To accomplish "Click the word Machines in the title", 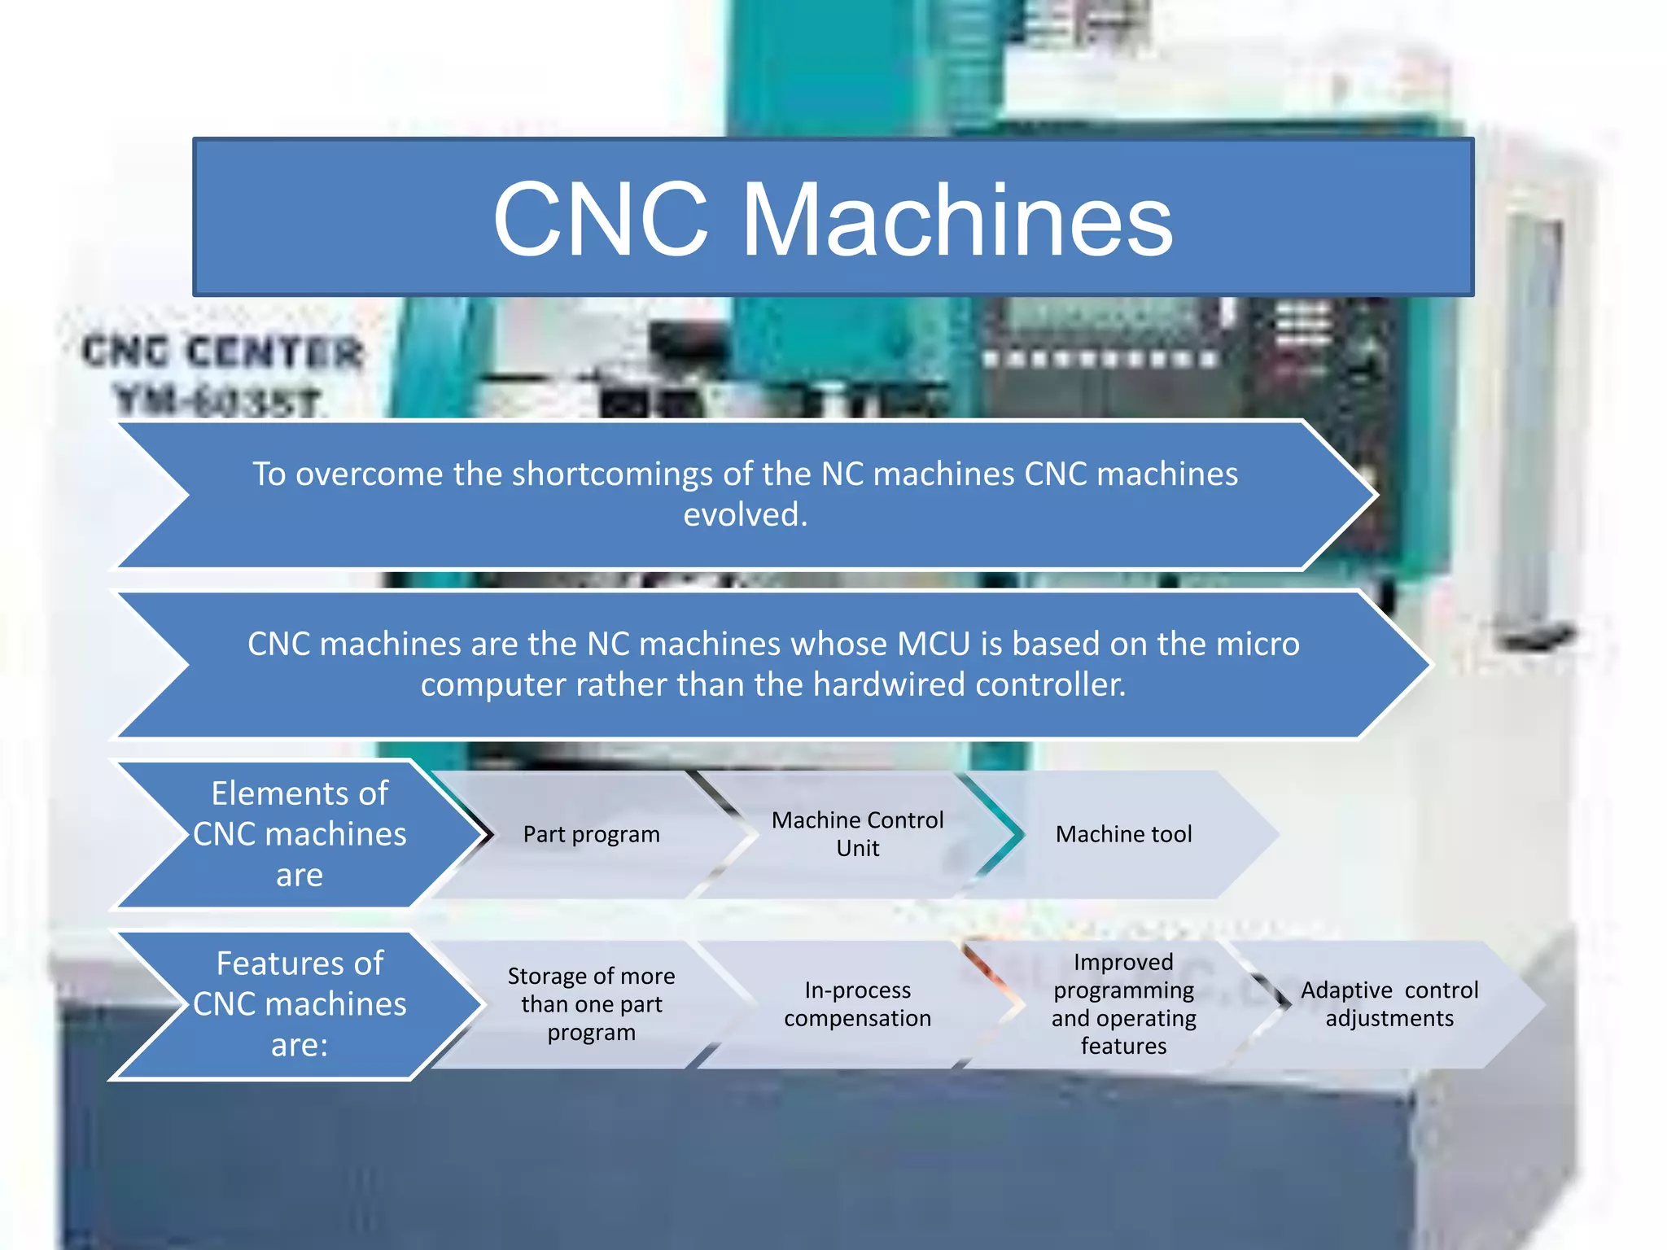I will click(x=957, y=220).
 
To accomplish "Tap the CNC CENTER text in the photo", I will click(x=222, y=352).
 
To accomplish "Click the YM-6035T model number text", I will click(x=218, y=401).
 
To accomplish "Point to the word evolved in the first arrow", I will click(x=744, y=514).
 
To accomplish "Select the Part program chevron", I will click(x=591, y=834).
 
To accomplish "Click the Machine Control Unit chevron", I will click(x=857, y=834).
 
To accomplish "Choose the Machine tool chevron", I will click(x=1123, y=834).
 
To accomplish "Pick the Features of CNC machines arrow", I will click(x=300, y=1004).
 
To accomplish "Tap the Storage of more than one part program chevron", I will click(x=591, y=1004).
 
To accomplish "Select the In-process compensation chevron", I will click(x=857, y=1004).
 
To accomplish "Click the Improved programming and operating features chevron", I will click(x=1123, y=1004).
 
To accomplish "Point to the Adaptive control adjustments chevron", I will click(x=1389, y=1004).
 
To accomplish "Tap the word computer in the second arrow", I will click(x=493, y=684).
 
